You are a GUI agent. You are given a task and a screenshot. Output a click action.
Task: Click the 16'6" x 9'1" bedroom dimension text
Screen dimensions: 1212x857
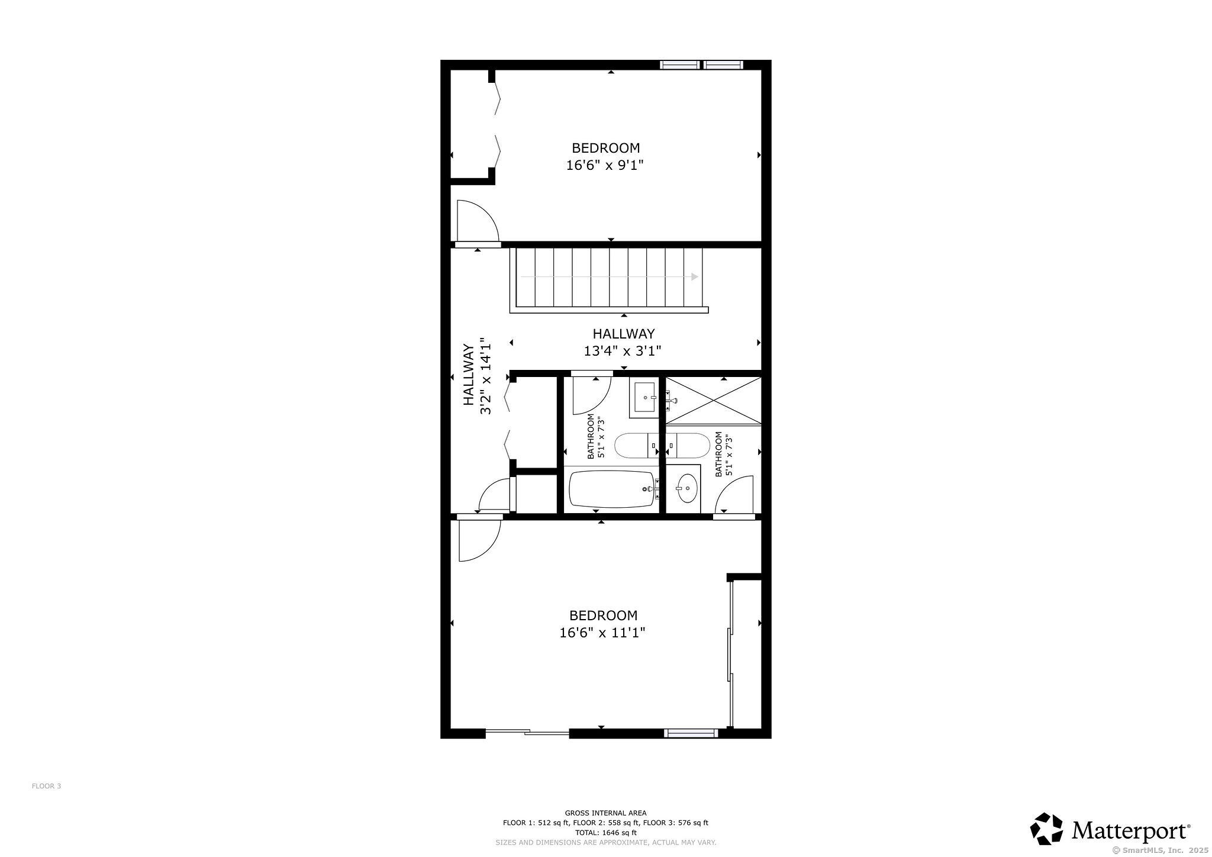click(x=604, y=165)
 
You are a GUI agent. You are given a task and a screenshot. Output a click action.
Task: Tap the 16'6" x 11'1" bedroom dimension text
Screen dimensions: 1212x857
click(x=602, y=633)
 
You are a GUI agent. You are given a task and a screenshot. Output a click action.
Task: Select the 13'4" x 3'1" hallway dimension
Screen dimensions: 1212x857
click(x=623, y=351)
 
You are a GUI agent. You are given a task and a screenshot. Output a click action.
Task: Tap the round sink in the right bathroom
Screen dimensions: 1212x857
click(x=686, y=488)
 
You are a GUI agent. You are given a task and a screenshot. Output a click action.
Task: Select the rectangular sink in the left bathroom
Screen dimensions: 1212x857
click(x=644, y=397)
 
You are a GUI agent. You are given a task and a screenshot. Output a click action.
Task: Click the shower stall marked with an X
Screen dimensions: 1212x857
click(x=714, y=400)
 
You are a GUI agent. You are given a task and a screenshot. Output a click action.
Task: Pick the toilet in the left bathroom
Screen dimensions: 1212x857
click(x=637, y=446)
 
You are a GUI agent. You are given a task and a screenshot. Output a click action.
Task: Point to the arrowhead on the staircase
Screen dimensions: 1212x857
click(x=695, y=277)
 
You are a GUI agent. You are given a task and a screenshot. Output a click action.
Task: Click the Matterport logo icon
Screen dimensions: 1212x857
click(x=1047, y=829)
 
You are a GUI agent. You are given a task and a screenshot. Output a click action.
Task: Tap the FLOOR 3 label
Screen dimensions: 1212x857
click(x=46, y=786)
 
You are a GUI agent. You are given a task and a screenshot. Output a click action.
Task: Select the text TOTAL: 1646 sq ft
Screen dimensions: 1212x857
click(x=605, y=832)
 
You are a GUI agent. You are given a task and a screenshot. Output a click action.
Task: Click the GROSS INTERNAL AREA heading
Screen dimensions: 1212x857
click(x=605, y=813)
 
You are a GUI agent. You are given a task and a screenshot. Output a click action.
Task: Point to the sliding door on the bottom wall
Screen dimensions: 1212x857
click(x=527, y=732)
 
